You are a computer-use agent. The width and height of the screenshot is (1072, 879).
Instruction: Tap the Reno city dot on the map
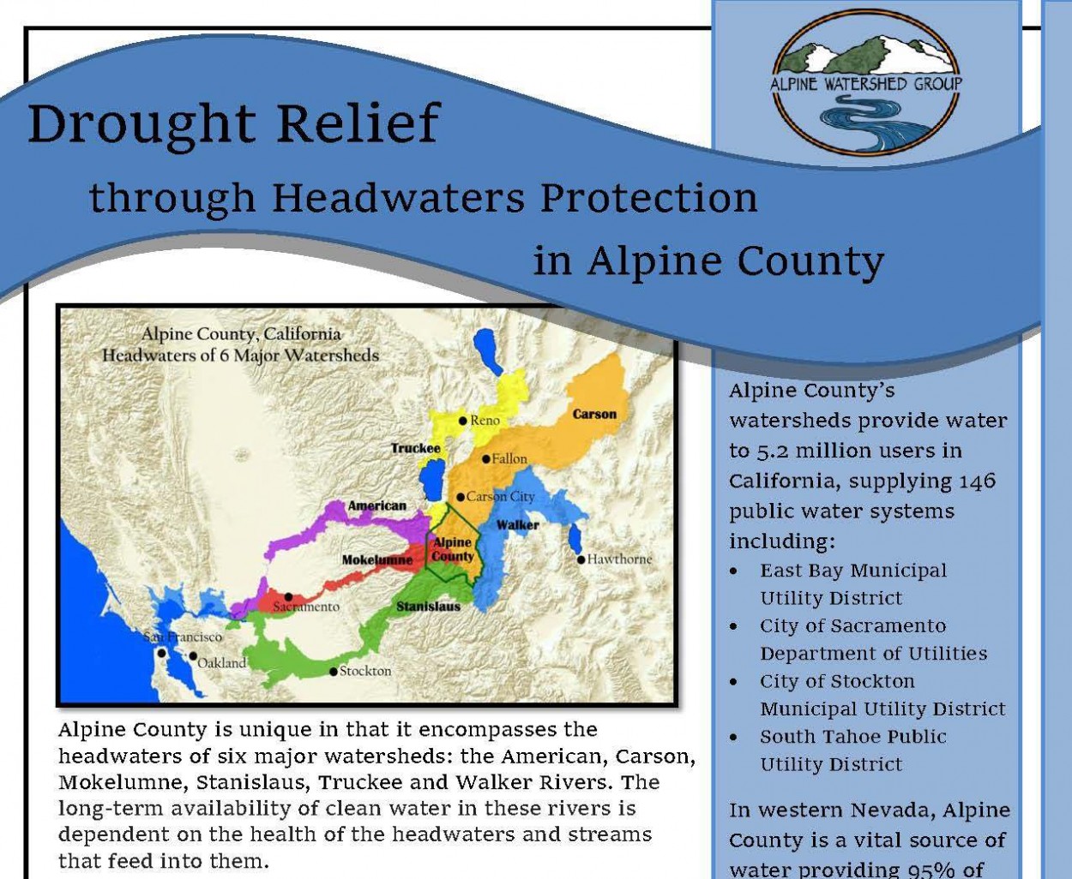tap(463, 421)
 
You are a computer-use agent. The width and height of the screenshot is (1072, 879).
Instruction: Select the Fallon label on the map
tap(509, 459)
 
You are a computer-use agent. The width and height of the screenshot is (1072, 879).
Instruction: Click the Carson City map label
tap(500, 497)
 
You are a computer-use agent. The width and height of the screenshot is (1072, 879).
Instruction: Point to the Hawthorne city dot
tap(580, 559)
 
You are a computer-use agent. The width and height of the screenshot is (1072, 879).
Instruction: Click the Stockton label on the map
tap(365, 671)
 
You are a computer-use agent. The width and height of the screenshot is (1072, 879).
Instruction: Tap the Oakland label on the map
tap(221, 663)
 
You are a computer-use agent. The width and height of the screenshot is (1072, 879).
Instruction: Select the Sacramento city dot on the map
tap(289, 597)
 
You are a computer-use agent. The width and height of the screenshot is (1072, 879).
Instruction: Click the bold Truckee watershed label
tap(416, 448)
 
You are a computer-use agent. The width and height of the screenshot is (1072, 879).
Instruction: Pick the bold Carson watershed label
tap(594, 414)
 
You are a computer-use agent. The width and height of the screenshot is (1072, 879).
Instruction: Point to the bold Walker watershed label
tap(518, 524)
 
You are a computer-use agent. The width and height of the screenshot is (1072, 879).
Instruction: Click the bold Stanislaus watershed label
tap(428, 607)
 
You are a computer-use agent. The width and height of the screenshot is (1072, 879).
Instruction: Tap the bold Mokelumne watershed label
tap(377, 560)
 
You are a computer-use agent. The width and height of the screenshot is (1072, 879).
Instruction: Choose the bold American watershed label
tap(376, 505)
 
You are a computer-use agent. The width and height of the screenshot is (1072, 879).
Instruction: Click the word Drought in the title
tap(142, 124)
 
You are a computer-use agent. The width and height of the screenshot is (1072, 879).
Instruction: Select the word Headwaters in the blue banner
tap(398, 198)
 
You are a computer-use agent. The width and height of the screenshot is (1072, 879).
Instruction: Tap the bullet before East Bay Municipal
tap(733, 571)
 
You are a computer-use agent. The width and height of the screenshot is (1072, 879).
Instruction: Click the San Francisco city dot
tap(161, 654)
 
